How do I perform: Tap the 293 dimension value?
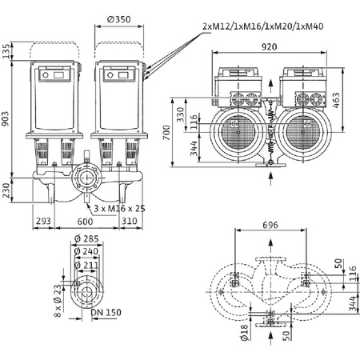[x=42, y=222]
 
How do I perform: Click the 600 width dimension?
[x=84, y=222]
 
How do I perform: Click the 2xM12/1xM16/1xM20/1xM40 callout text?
[x=258, y=27]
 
